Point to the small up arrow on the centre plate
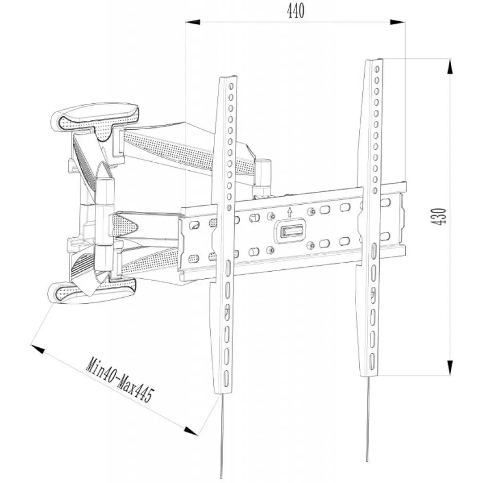pos(290,212)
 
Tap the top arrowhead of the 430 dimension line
pos(450,66)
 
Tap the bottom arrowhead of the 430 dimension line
pos(450,368)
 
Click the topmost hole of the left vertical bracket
pos(231,88)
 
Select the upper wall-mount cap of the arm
pos(94,116)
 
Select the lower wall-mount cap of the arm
pos(92,291)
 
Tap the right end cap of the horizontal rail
pos(402,217)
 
